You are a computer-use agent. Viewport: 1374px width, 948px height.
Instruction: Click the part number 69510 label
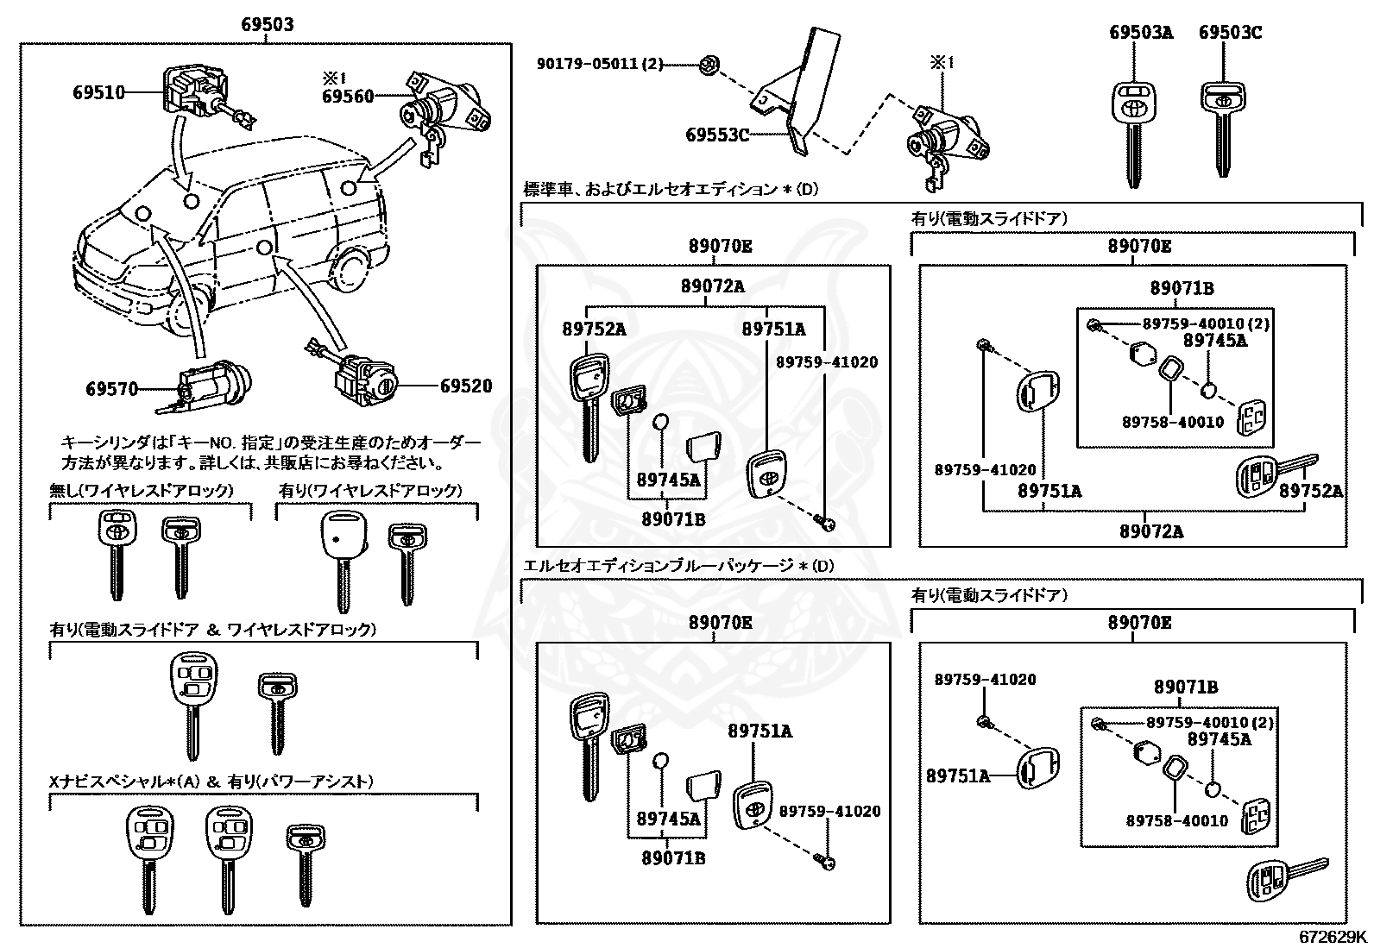(98, 91)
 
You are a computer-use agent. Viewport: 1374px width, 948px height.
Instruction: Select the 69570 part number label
(111, 389)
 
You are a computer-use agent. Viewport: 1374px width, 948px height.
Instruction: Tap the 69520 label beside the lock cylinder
(466, 386)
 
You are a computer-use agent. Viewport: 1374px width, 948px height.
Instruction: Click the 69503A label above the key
(1141, 33)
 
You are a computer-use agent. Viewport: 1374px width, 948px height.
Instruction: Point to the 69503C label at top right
(1230, 33)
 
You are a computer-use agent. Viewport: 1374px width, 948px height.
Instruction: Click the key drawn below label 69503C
(1222, 129)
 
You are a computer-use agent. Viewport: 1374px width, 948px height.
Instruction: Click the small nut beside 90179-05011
(707, 63)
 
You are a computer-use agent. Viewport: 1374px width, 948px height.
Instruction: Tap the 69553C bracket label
(717, 135)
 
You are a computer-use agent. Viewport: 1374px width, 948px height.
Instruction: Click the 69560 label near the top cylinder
(348, 96)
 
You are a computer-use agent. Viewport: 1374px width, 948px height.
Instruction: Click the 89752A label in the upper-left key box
(594, 329)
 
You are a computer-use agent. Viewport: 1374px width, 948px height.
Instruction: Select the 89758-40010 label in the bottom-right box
(1176, 820)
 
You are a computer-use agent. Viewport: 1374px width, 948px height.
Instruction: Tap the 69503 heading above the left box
(267, 24)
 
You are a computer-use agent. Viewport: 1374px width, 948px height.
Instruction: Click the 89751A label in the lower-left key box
(759, 731)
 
